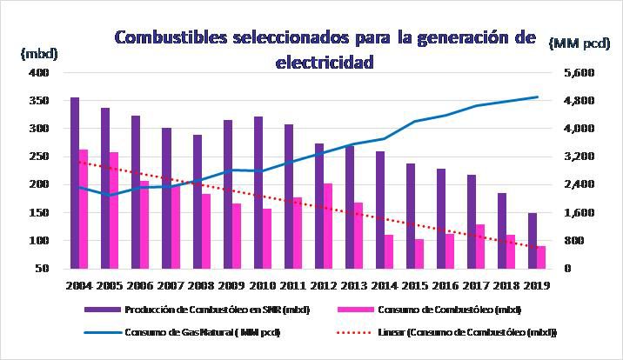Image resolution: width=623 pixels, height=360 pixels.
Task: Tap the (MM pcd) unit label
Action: (580, 42)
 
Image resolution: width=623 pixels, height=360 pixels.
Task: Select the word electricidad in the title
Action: (325, 62)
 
